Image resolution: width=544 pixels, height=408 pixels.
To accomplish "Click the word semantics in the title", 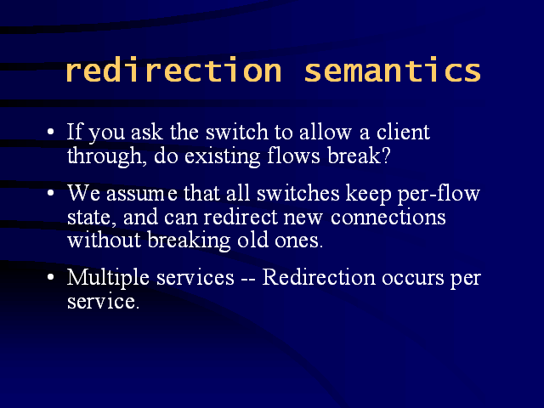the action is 393,71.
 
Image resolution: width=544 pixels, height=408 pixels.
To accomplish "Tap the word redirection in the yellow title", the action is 173,70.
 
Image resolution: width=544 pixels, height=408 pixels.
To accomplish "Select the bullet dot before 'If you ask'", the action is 51,133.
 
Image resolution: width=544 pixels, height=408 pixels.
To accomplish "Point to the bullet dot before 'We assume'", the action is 51,193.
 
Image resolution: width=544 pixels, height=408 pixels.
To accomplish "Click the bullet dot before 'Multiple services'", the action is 51,277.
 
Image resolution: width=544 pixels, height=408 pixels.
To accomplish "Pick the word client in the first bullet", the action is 403,132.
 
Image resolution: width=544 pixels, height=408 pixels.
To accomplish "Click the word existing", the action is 223,156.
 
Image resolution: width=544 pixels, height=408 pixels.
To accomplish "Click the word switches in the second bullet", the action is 298,193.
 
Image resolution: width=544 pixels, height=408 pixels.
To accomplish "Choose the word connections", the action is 388,218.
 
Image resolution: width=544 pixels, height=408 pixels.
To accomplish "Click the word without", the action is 104,240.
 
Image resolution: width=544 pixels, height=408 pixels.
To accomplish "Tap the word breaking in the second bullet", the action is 189,241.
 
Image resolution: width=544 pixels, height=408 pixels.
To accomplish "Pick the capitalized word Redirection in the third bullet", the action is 319,277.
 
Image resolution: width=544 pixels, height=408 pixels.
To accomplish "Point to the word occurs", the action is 413,279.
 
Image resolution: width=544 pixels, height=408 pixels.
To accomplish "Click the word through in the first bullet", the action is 105,156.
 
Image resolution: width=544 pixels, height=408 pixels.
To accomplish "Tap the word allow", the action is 326,132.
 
